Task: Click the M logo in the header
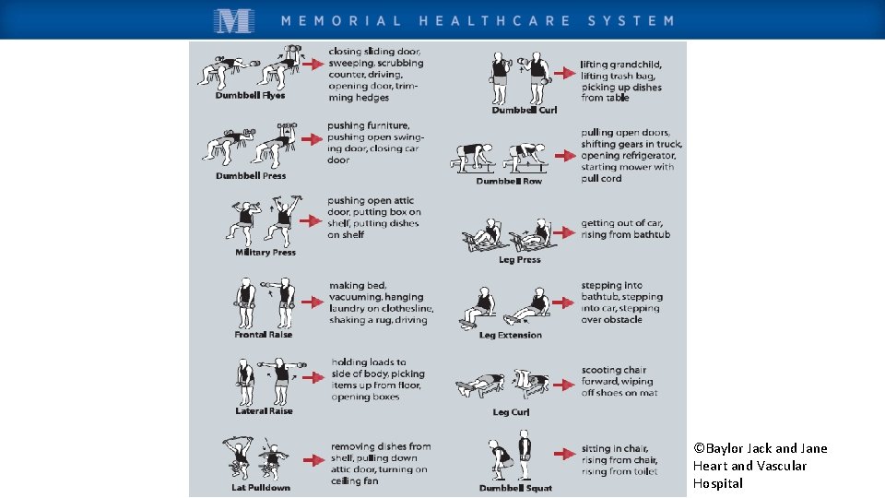(x=234, y=21)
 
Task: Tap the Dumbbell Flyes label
(x=250, y=95)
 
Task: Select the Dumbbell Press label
(x=251, y=175)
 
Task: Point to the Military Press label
(x=265, y=253)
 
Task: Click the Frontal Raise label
(x=263, y=334)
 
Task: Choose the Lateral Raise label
(x=264, y=411)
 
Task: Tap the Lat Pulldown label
(x=261, y=487)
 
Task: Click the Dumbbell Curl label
(x=525, y=110)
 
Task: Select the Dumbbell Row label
(x=509, y=182)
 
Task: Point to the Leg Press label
(x=520, y=260)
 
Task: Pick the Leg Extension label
(x=510, y=335)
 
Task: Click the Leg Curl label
(x=511, y=412)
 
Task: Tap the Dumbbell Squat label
(x=515, y=488)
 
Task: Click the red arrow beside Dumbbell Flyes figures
(x=313, y=64)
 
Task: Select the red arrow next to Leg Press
(x=564, y=232)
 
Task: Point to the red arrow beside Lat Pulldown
(x=313, y=460)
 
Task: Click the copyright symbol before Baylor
(x=699, y=448)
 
